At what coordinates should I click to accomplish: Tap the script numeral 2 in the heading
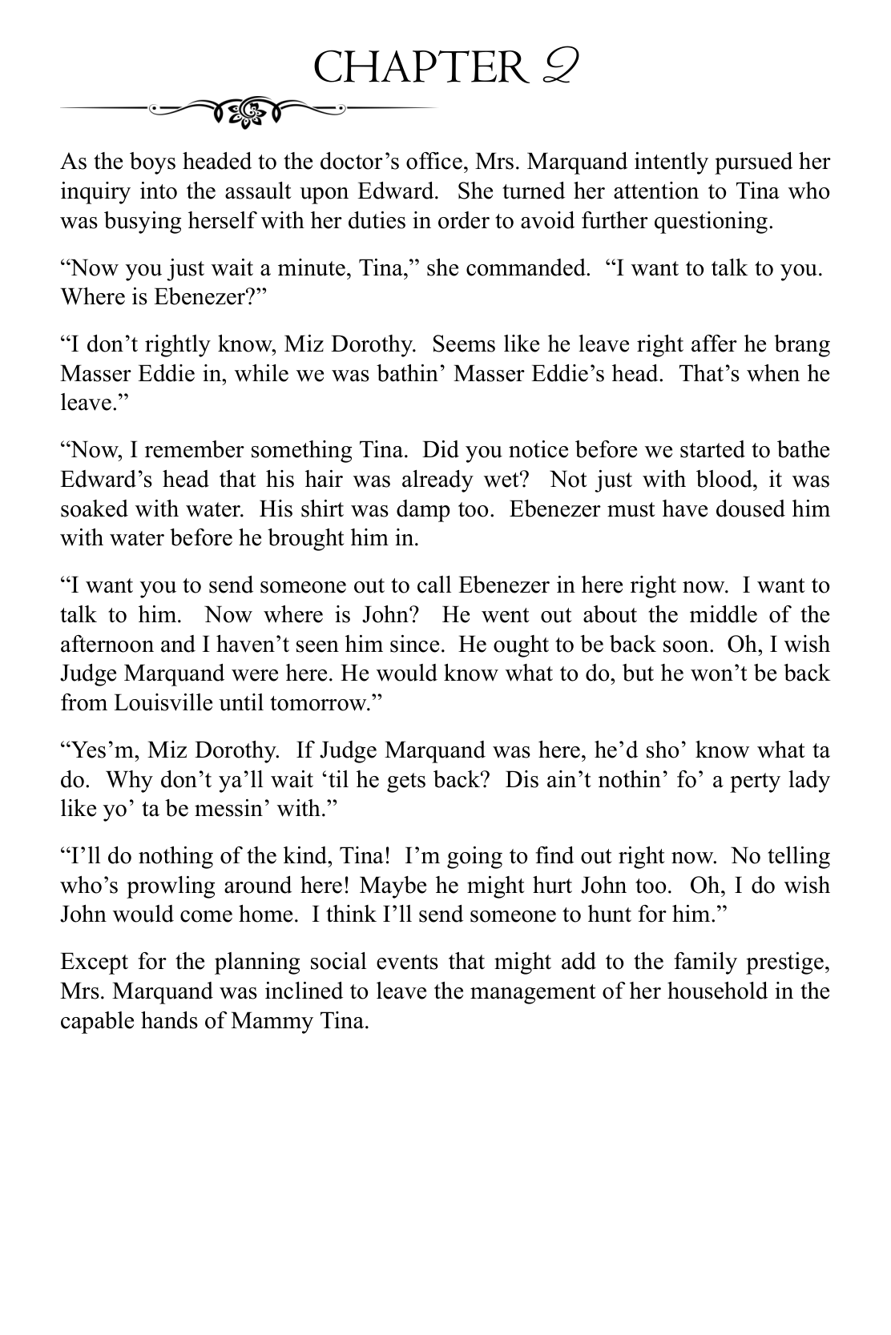pos(554,66)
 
